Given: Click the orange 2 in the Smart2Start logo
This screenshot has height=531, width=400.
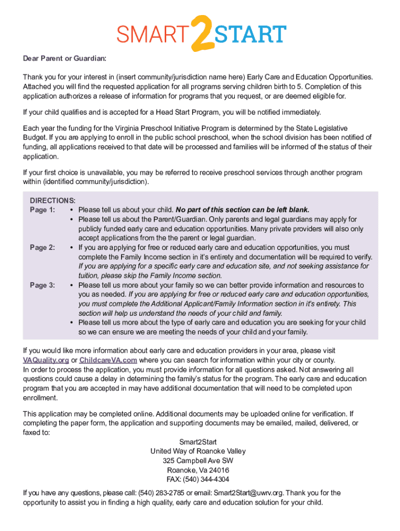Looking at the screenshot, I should pyautogui.click(x=199, y=34).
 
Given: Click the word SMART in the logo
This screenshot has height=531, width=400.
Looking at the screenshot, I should pyautogui.click(x=151, y=35).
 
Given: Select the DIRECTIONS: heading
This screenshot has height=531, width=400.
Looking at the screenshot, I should pyautogui.click(x=52, y=201).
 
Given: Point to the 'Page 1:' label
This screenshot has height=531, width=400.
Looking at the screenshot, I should pyautogui.click(x=43, y=210).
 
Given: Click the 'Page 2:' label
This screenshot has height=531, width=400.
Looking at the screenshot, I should pyautogui.click(x=43, y=248).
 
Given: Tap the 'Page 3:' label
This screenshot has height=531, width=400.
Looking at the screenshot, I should pyautogui.click(x=43, y=285).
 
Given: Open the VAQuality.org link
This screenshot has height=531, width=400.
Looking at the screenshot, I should pyautogui.click(x=46, y=360).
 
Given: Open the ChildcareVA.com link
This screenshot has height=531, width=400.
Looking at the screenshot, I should pyautogui.click(x=109, y=360).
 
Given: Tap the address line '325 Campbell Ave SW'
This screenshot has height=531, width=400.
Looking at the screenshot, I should pyautogui.click(x=198, y=461).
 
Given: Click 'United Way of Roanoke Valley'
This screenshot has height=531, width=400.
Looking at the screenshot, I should pyautogui.click(x=198, y=452).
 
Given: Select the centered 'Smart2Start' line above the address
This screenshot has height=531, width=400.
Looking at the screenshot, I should pyautogui.click(x=198, y=442).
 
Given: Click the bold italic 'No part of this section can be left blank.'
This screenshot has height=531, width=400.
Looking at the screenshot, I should pyautogui.click(x=243, y=210).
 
